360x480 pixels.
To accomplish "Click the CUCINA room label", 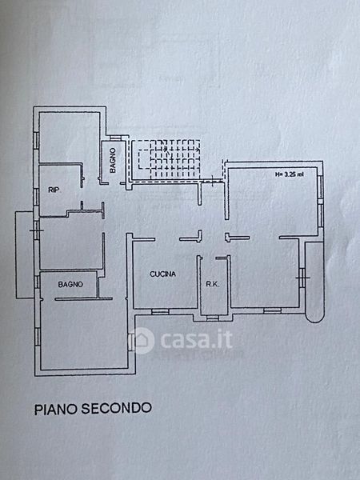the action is [x=163, y=274].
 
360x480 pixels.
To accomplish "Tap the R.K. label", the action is [x=213, y=284].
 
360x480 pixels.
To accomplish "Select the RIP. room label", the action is [x=54, y=190].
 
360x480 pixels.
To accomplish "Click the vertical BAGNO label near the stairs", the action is [x=113, y=160].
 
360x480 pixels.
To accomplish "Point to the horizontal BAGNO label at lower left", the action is [x=70, y=284].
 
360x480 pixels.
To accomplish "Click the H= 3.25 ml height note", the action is [x=290, y=174].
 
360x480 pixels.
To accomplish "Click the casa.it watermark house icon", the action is [x=142, y=340].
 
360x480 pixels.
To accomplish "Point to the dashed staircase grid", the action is [x=168, y=158].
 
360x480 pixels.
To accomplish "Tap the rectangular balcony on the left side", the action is [x=25, y=254].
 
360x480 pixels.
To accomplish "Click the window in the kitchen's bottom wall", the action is [x=160, y=311].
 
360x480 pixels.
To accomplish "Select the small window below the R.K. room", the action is [x=213, y=318].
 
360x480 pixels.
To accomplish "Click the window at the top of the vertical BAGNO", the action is [x=115, y=138].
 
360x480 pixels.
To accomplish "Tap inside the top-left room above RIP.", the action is [x=69, y=137].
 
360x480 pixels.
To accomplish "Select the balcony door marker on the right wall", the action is [x=302, y=278].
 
